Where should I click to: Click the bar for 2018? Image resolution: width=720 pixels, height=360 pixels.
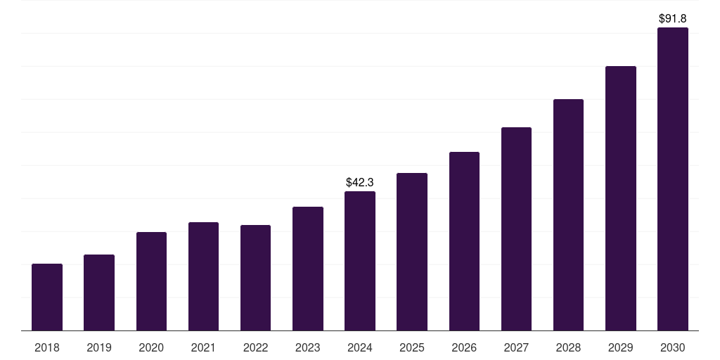pyautogui.click(x=47, y=297)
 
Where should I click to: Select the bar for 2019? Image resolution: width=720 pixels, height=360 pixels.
pyautogui.click(x=99, y=292)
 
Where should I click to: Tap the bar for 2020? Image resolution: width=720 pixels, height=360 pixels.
pyautogui.click(x=151, y=281)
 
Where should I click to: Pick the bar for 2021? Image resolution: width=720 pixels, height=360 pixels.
pyautogui.click(x=203, y=276)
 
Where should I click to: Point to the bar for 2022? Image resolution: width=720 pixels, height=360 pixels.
pyautogui.click(x=255, y=278)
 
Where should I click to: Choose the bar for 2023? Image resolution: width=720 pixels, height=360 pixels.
pyautogui.click(x=308, y=269)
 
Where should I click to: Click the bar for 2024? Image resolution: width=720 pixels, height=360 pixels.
pyautogui.click(x=360, y=261)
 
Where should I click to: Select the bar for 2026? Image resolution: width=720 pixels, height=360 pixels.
pyautogui.click(x=464, y=241)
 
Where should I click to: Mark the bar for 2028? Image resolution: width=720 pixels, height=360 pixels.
pyautogui.click(x=568, y=214)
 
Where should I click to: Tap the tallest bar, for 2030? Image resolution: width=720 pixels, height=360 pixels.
pyautogui.click(x=673, y=179)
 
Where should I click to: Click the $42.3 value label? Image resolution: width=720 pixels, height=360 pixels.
pyautogui.click(x=360, y=182)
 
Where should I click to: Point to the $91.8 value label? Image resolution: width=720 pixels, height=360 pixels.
pyautogui.click(x=673, y=18)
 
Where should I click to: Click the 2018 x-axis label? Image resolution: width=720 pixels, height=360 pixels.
pyautogui.click(x=47, y=347)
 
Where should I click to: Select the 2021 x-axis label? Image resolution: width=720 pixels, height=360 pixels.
pyautogui.click(x=203, y=347)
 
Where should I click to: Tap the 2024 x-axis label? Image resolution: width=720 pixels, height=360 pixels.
pyautogui.click(x=360, y=347)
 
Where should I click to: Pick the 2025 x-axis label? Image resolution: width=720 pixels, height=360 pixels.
pyautogui.click(x=412, y=347)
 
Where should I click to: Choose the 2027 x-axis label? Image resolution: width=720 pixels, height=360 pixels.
pyautogui.click(x=516, y=347)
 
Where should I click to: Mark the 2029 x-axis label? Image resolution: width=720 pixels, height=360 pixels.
pyautogui.click(x=621, y=347)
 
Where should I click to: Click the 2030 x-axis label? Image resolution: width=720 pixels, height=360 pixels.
pyautogui.click(x=673, y=347)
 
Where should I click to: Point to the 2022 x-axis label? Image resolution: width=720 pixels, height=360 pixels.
pyautogui.click(x=255, y=347)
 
